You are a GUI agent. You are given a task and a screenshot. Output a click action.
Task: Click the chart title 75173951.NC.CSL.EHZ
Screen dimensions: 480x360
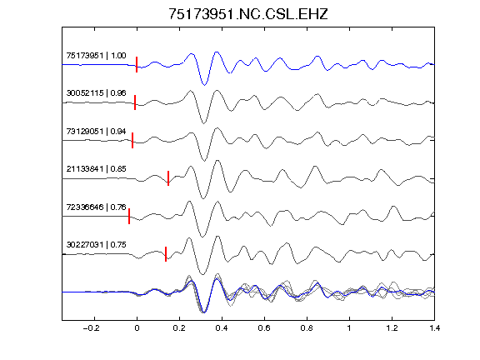[x=248, y=14]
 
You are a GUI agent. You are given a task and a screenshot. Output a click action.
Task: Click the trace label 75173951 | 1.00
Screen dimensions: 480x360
[x=96, y=55]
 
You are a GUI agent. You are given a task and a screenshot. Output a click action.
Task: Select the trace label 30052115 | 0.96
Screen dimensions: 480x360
[x=96, y=93]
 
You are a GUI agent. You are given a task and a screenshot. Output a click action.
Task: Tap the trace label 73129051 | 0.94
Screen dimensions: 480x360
[x=96, y=132]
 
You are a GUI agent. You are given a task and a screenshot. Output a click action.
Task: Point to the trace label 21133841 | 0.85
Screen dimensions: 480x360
[x=96, y=169]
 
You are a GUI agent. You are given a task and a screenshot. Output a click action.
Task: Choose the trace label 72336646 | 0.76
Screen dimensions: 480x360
[x=96, y=207]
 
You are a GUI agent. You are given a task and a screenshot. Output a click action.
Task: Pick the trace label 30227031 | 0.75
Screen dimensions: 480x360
[x=96, y=245]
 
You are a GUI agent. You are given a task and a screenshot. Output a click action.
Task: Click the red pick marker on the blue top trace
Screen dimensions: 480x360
[x=137, y=65]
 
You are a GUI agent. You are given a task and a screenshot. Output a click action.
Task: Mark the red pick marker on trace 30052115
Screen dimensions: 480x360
[x=135, y=102]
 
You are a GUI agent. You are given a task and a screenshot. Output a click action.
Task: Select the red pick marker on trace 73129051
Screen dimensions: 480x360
[x=132, y=140]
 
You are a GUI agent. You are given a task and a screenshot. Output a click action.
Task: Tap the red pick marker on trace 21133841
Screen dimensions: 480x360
[x=168, y=178]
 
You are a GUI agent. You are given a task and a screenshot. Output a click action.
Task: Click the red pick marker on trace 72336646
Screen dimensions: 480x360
[x=129, y=216]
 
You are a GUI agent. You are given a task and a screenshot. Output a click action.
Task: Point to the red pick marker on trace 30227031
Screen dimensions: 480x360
[x=166, y=254]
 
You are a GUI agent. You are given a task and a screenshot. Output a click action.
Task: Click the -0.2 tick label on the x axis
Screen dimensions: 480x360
[x=92, y=328]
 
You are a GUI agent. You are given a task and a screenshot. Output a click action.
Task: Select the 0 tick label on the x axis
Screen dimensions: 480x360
[x=137, y=328]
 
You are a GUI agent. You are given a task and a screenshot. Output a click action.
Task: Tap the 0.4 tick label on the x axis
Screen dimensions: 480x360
[x=222, y=328]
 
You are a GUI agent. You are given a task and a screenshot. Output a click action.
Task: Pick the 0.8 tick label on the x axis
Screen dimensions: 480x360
[x=307, y=328]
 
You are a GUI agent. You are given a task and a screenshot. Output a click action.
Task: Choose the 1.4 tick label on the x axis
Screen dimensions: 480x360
[x=434, y=328]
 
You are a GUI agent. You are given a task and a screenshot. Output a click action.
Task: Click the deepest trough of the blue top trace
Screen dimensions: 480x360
[x=204, y=84]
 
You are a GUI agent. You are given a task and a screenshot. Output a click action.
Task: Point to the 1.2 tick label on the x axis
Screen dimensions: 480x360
[x=392, y=328]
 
